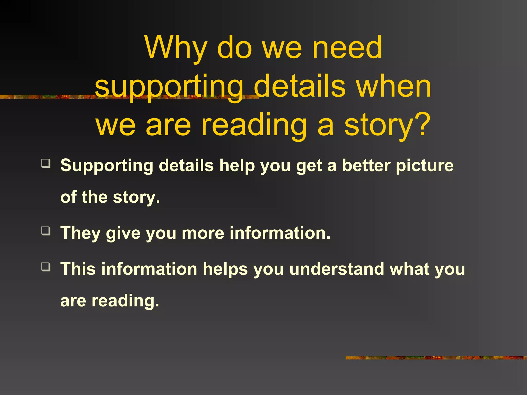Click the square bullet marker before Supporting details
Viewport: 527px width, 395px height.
click(x=46, y=163)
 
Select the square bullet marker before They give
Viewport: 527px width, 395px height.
click(x=46, y=231)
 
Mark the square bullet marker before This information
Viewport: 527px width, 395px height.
click(x=46, y=267)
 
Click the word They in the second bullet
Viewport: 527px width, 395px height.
click(x=80, y=233)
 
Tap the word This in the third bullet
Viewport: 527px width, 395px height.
click(x=78, y=269)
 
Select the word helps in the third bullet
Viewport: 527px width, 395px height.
click(x=225, y=270)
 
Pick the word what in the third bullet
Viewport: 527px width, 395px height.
click(x=409, y=269)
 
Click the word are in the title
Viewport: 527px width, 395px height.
click(x=168, y=125)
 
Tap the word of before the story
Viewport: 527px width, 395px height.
click(x=68, y=197)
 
